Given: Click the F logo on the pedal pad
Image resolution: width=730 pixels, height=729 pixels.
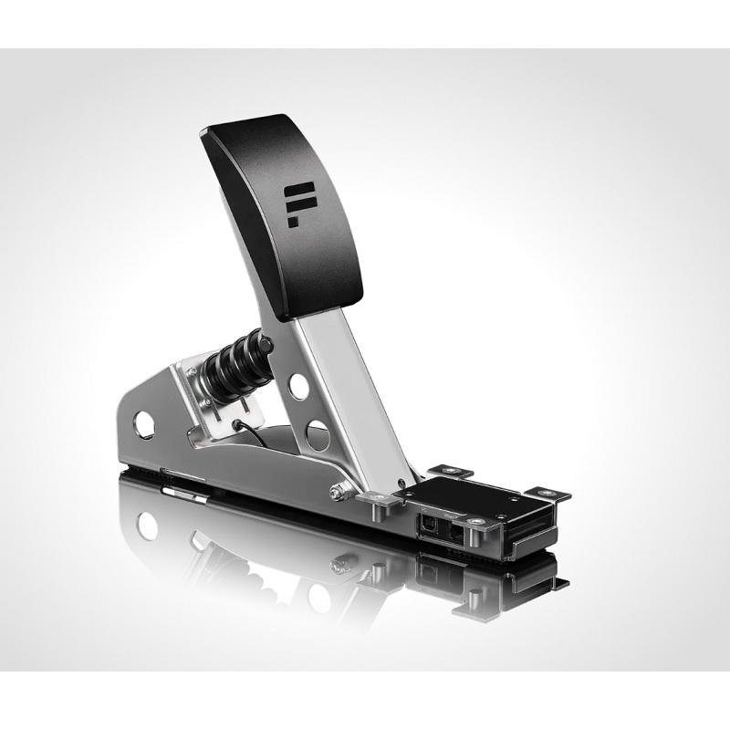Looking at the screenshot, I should (298, 203).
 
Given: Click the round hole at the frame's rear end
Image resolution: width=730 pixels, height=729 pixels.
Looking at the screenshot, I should (144, 422).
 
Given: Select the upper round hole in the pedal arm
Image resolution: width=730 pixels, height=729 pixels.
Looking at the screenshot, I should (298, 386).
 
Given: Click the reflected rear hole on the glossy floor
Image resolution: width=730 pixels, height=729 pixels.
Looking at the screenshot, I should (145, 525).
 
